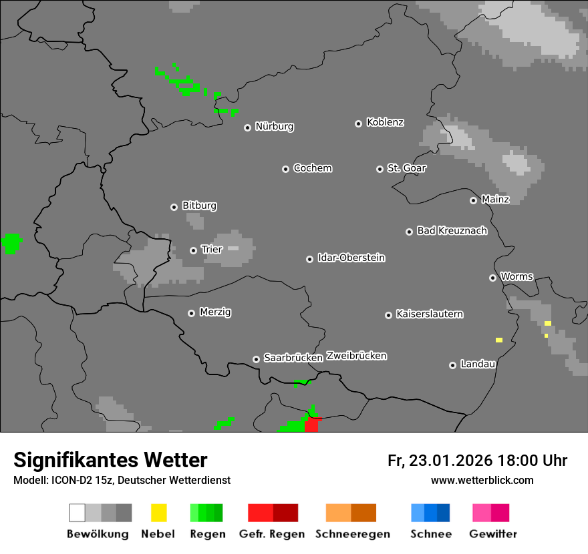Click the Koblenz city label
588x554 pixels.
pos(385,122)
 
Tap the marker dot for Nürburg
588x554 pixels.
pos(247,127)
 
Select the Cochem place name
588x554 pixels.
pos(312,168)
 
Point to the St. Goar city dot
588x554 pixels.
pos(380,169)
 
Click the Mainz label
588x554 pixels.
pos(495,200)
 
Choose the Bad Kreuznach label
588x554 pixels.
pos(452,231)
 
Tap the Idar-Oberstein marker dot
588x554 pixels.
pos(309,259)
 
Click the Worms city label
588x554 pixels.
pos(517,276)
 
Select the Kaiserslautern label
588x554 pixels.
pos(429,314)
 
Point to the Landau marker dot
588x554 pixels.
pos(452,365)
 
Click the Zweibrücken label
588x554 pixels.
pos(356,356)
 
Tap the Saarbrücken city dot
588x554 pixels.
pos(256,359)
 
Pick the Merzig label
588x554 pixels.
pos(215,312)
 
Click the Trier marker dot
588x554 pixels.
pos(193,250)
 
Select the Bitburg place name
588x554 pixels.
pos(199,206)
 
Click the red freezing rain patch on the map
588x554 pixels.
pos(311,425)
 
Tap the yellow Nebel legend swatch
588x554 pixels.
pos(158,513)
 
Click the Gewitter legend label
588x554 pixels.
pos(492,534)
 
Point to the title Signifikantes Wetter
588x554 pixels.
pos(110,460)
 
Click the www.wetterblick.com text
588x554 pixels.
pos(482,480)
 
